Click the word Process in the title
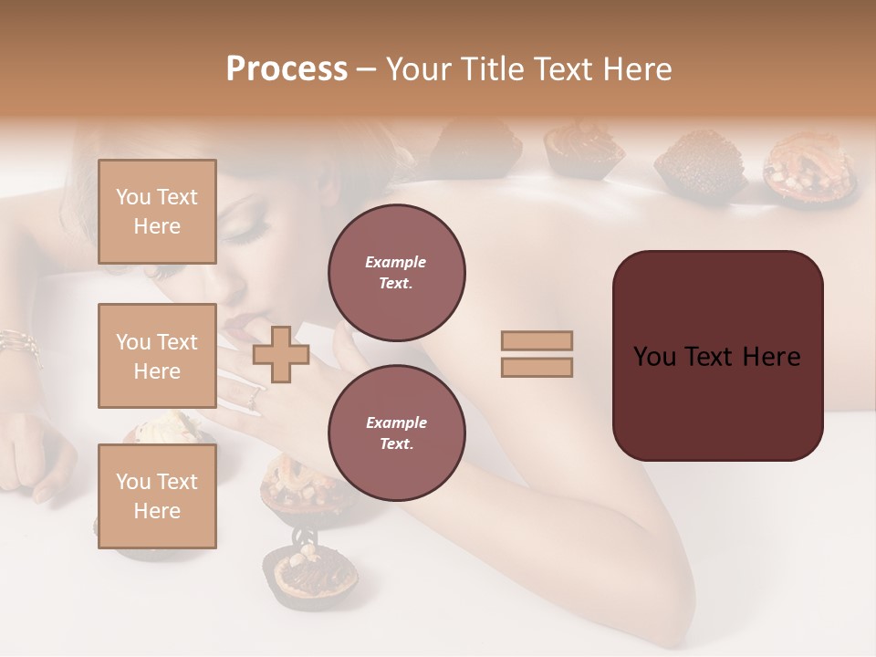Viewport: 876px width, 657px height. pos(287,69)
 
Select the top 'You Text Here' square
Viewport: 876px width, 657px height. pos(157,212)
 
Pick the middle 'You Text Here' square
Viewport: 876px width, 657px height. pos(157,356)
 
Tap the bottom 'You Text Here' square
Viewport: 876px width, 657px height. pos(157,496)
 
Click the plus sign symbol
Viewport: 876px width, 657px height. pos(281,354)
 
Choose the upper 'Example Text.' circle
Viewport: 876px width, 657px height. pos(396,272)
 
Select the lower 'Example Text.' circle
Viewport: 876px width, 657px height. pos(396,433)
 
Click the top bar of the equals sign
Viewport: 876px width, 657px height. pos(537,341)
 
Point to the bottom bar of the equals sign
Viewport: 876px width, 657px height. pos(537,367)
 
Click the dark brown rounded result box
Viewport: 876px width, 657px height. pos(717,356)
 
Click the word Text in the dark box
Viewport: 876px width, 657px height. pos(712,356)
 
